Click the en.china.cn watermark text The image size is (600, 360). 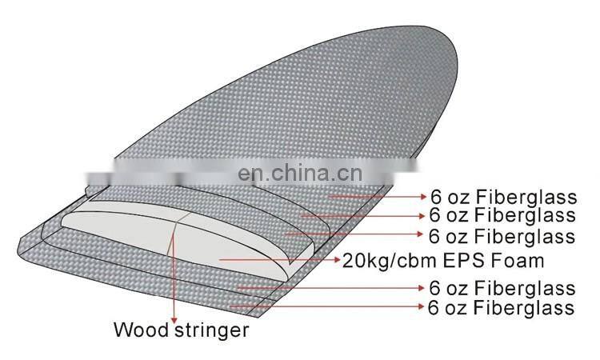[x=299, y=172]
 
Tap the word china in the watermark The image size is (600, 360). [x=303, y=172]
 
